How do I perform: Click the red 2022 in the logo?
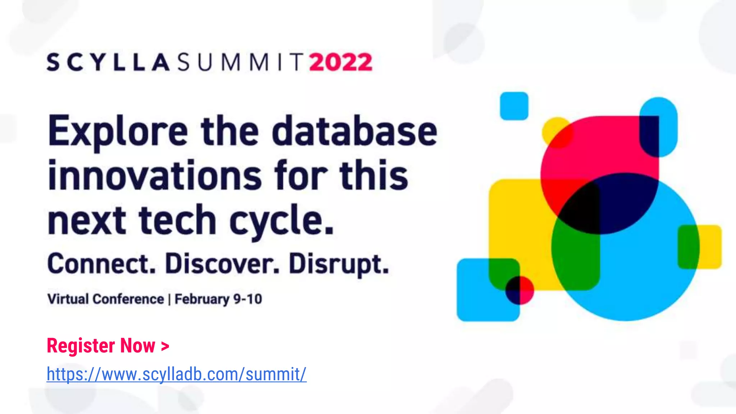pos(341,63)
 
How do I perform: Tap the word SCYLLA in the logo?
pos(108,63)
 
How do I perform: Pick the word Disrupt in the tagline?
pos(339,264)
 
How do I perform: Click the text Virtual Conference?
pos(105,299)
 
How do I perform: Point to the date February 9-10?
pos(218,299)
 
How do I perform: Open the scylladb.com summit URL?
pos(176,374)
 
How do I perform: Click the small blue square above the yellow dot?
pos(514,106)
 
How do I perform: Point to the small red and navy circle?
pos(520,290)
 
